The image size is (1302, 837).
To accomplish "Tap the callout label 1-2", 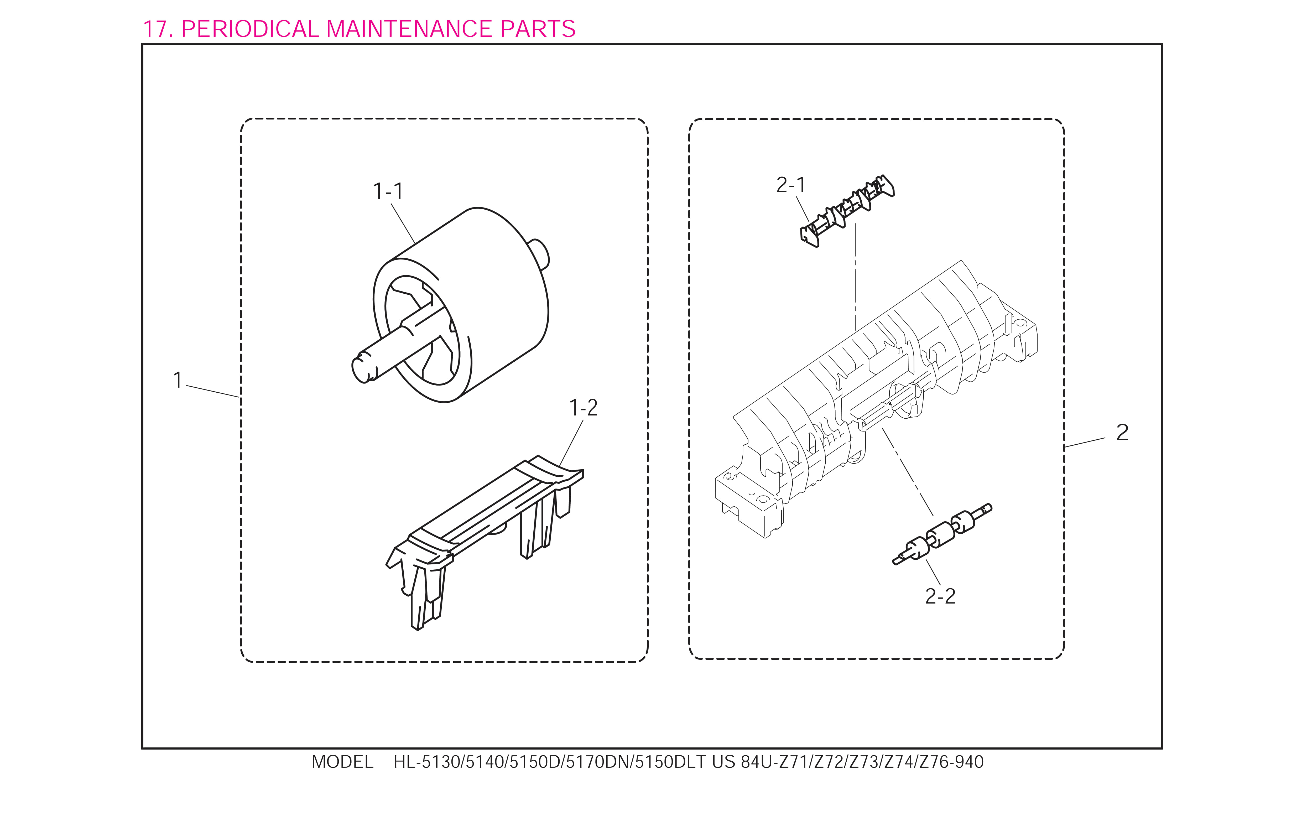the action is coord(583,408).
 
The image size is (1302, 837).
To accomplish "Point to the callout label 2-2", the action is coord(940,596).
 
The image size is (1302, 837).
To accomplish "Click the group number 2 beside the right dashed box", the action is coord(1122,433).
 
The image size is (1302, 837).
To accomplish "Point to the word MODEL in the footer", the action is coord(342,762).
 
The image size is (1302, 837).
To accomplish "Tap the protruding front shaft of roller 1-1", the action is coord(380,356).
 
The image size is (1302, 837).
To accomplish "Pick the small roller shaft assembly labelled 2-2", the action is coord(942,534).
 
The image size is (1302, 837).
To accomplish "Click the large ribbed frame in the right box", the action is coord(876,399).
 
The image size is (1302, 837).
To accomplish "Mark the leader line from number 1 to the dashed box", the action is coord(213,391).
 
